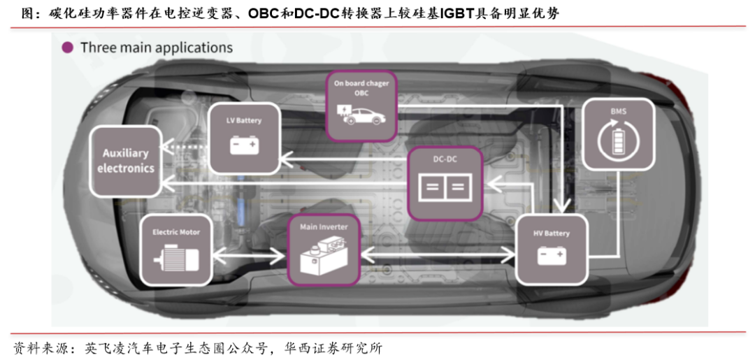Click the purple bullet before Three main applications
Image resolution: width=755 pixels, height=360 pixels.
[68, 47]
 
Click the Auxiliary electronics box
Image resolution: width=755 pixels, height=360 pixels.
[125, 161]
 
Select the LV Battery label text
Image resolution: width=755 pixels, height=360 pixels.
[244, 120]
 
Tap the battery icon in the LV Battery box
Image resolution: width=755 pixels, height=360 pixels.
[244, 145]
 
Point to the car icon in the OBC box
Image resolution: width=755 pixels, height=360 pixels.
[361, 114]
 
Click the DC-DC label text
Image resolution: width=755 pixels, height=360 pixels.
[445, 159]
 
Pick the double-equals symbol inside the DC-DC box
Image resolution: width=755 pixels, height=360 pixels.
[445, 187]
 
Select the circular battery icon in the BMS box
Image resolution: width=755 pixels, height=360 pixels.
[618, 138]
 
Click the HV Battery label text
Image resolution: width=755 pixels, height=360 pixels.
[552, 233]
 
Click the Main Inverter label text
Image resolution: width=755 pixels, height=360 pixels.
[324, 226]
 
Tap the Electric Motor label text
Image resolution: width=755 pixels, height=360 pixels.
[176, 231]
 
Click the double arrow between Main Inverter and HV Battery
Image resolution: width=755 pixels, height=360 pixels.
[438, 252]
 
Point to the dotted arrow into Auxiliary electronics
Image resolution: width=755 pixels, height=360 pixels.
[185, 147]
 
